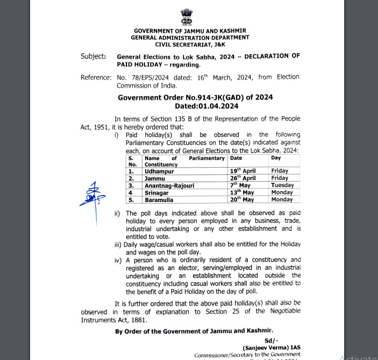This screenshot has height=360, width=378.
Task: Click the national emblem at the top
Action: coord(190,17)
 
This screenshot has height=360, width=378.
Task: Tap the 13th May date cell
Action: coord(241,192)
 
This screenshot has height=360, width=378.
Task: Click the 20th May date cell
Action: coord(241,199)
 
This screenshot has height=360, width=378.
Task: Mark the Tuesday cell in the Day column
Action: coord(282,185)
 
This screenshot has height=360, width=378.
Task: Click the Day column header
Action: coord(275,159)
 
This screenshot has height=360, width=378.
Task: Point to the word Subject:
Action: coord(93,56)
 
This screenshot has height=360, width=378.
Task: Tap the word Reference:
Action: coord(96,77)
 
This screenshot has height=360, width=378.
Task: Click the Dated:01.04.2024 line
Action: coord(195,106)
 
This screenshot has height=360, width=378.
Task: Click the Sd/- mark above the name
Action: coord(270,340)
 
